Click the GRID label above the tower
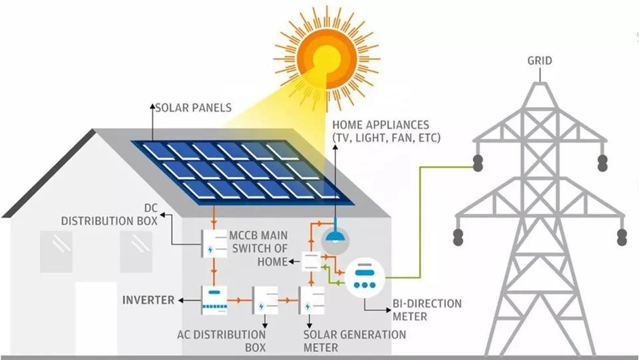pos(540,61)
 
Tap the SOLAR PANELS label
pos(193,106)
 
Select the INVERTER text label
pos(148,300)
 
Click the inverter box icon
pos(214,301)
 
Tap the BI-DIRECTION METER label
pos(426,309)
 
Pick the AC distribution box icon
pos(264,301)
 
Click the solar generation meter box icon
pos(312,301)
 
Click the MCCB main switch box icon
pos(312,261)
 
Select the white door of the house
pos(96,319)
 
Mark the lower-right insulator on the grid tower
pos(622,236)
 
